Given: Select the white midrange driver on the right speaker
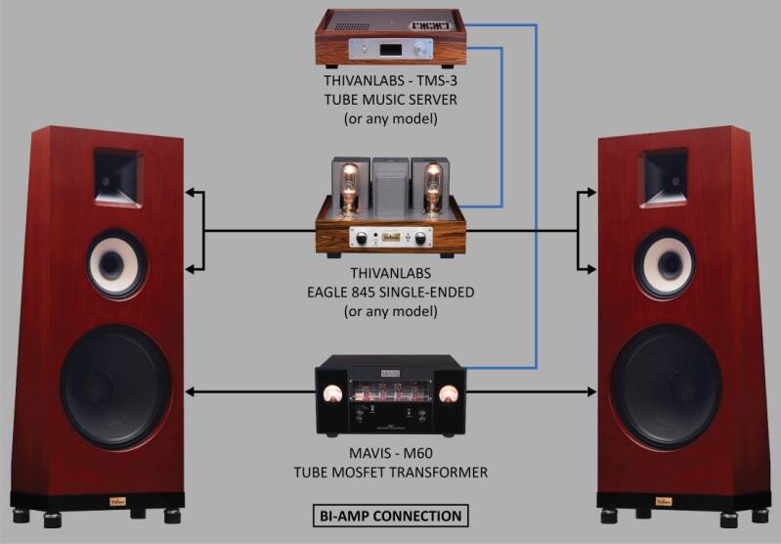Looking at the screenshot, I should tap(664, 261).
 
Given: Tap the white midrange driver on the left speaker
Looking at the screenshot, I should tap(117, 262).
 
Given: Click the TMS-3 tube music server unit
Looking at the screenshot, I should tap(390, 36).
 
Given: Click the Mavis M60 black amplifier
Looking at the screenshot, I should tap(390, 402).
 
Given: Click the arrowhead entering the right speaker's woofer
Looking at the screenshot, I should tap(591, 392).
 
